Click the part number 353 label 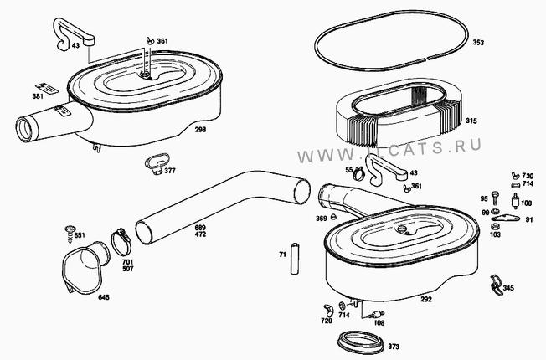tap(478, 42)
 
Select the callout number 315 tap(471, 121)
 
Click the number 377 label tap(170, 171)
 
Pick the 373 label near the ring tap(393, 347)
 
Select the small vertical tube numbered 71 tap(295, 257)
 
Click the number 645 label tap(103, 297)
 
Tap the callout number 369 tap(321, 219)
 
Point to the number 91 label tap(528, 220)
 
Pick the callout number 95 tap(484, 198)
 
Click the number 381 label tap(38, 96)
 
